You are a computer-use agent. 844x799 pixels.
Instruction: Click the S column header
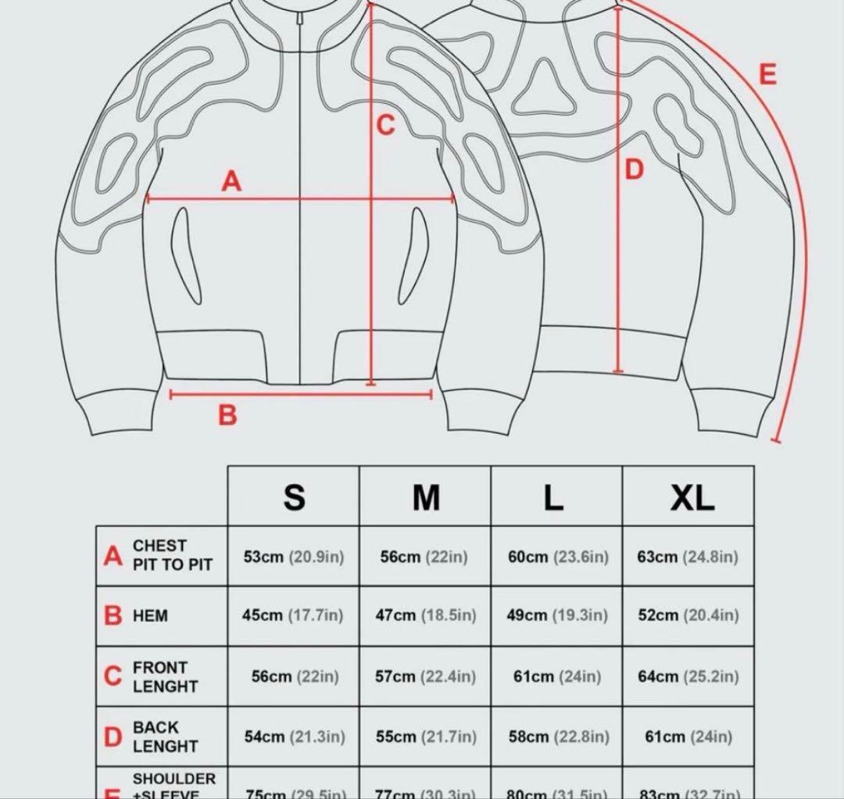(294, 497)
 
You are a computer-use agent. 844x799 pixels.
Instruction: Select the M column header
(426, 497)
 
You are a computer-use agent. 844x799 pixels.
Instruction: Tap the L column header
(554, 497)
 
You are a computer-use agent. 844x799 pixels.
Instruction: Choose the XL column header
(692, 497)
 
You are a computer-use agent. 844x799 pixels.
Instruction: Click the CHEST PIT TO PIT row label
(172, 555)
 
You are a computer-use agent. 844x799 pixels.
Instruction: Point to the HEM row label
(150, 615)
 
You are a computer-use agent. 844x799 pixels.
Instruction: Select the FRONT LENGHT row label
(165, 676)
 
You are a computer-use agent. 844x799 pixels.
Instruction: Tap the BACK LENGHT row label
(165, 737)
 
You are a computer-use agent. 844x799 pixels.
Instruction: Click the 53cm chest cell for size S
(293, 557)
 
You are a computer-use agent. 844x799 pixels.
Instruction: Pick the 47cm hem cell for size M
(425, 615)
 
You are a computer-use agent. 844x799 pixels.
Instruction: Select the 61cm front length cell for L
(556, 676)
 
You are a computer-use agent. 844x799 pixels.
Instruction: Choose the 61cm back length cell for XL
(688, 737)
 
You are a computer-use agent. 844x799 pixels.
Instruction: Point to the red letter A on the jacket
(231, 181)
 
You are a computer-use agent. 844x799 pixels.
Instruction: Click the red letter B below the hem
(227, 415)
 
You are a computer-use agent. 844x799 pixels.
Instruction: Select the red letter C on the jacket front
(386, 125)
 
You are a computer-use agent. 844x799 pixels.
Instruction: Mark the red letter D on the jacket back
(635, 169)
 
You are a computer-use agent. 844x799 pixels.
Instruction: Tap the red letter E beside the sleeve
(767, 74)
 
